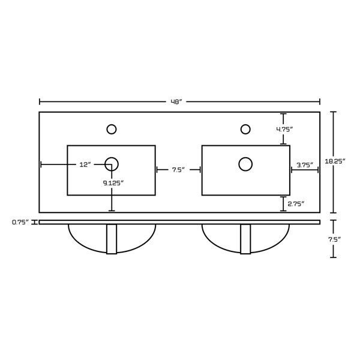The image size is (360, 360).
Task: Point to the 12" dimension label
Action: pyautogui.click(x=85, y=164)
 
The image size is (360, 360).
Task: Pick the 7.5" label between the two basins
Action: pyautogui.click(x=178, y=170)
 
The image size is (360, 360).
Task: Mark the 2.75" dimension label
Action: pyautogui.click(x=296, y=204)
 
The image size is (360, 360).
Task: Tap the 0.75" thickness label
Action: pyautogui.click(x=21, y=222)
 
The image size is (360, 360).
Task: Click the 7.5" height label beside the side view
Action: pyautogui.click(x=334, y=239)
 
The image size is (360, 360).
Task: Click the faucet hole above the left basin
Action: pyautogui.click(x=111, y=128)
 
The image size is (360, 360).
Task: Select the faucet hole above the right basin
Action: pyautogui.click(x=245, y=128)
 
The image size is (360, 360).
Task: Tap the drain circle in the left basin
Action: pyautogui.click(x=112, y=163)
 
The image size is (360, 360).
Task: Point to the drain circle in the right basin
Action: pyautogui.click(x=245, y=163)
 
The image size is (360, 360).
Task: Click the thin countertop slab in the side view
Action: pyautogui.click(x=180, y=222)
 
